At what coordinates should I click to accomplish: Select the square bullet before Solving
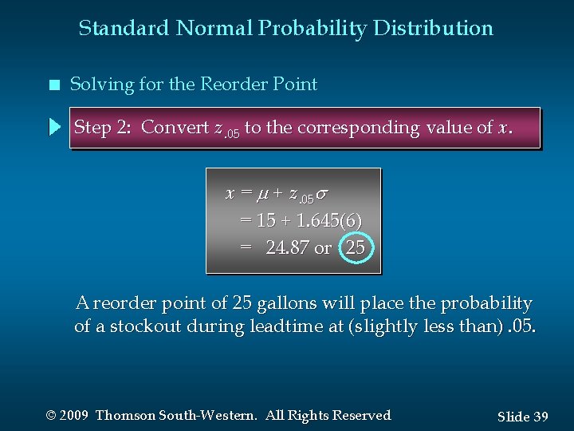pos(53,85)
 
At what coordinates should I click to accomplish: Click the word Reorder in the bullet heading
pos(240,85)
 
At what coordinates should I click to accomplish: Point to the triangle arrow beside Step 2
pos(54,127)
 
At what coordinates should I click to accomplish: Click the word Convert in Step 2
pos(176,128)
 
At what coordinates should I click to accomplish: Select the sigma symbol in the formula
pos(321,194)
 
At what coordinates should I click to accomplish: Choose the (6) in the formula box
pos(350,220)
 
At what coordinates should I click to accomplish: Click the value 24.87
pos(287,247)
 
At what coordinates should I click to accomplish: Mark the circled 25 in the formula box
pos(355,247)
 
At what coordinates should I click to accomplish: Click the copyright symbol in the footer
pos(52,416)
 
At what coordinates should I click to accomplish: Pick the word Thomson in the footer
pos(128,416)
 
